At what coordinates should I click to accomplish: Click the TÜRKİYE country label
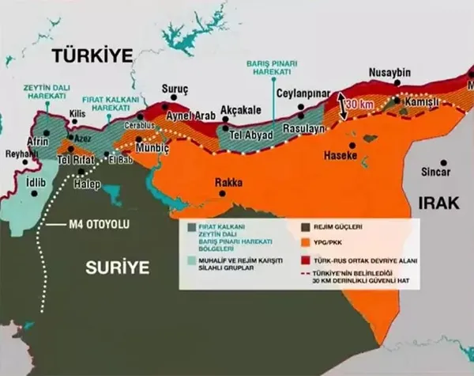[91, 55]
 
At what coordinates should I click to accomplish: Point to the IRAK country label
[435, 203]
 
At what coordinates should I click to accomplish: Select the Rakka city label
[228, 183]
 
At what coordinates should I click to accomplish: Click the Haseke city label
[340, 156]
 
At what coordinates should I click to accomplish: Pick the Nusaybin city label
[390, 73]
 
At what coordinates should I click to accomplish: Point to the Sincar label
[435, 171]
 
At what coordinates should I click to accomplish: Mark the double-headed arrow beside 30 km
[342, 106]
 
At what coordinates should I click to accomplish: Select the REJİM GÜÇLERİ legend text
[341, 226]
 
